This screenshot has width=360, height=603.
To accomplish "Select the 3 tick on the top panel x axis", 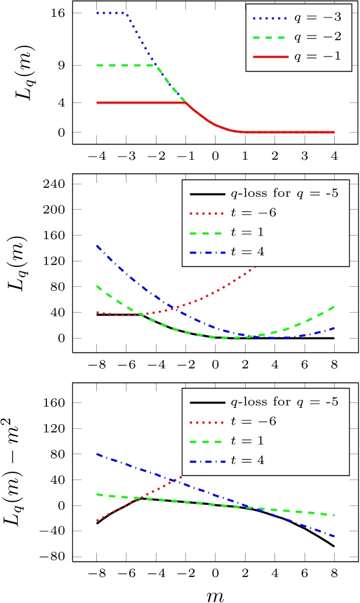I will pyautogui.click(x=304, y=155).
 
